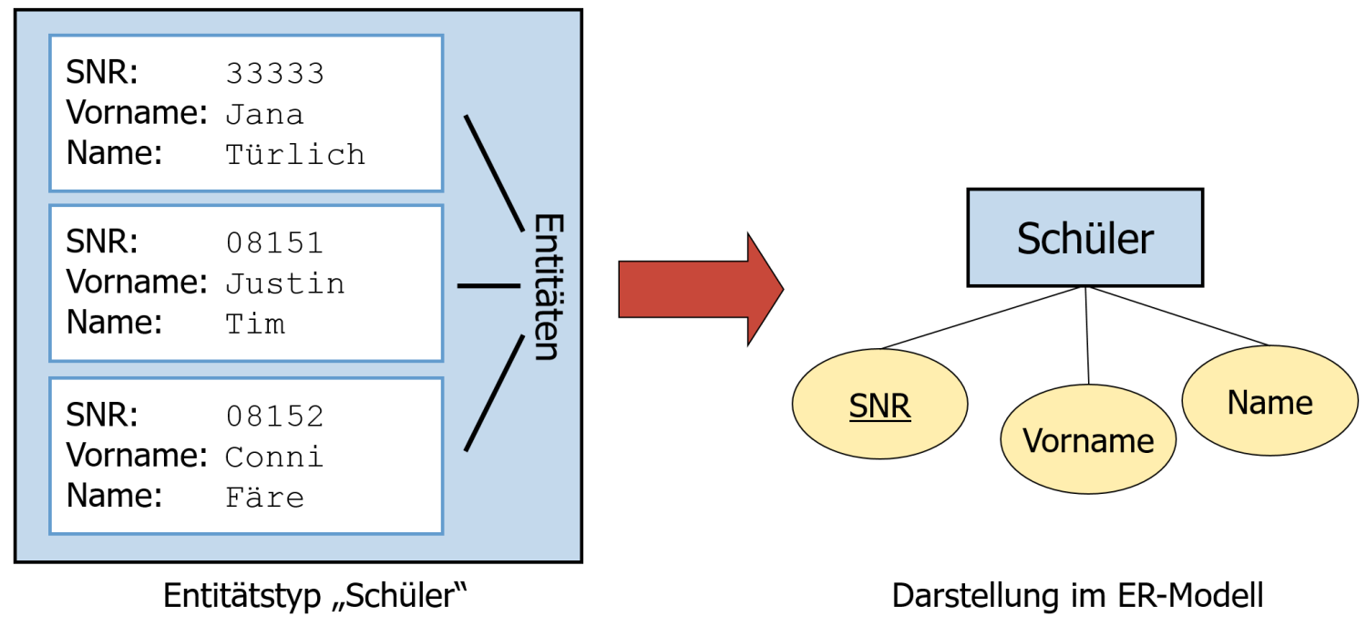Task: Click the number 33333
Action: [274, 74]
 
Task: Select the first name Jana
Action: [264, 114]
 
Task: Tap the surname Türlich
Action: [294, 154]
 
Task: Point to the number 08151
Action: [274, 243]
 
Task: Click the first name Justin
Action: [284, 283]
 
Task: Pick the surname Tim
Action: [254, 324]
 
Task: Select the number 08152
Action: [274, 416]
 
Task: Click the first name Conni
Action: [274, 456]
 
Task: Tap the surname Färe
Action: [264, 497]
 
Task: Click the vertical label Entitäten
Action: [544, 287]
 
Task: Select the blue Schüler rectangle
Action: [1084, 238]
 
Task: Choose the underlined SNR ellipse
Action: [879, 406]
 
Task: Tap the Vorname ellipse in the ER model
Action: [1088, 441]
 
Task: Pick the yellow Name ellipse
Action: [1269, 402]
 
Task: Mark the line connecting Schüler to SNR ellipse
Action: [982, 318]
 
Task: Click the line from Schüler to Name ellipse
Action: [1177, 316]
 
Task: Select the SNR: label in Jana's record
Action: [102, 73]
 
